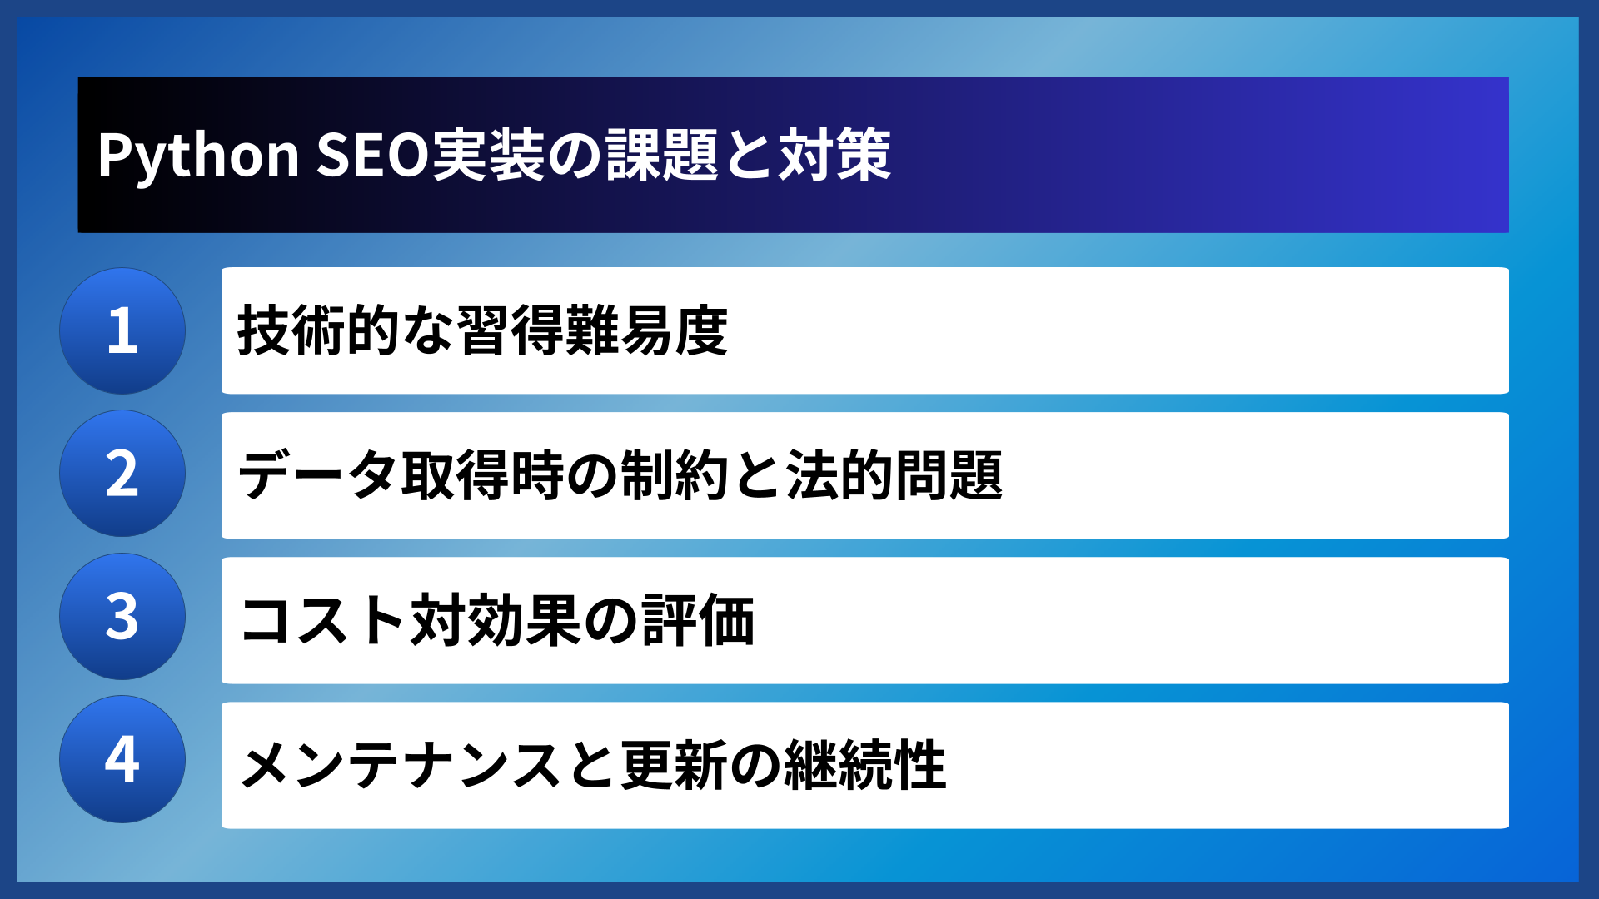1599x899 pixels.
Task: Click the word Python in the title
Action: [x=198, y=156]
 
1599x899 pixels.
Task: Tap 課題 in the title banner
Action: [x=662, y=156]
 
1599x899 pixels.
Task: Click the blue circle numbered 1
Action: [x=122, y=330]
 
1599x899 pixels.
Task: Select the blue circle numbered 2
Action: [x=122, y=474]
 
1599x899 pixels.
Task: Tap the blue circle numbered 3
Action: [x=122, y=617]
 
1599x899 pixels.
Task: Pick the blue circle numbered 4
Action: [x=122, y=759]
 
